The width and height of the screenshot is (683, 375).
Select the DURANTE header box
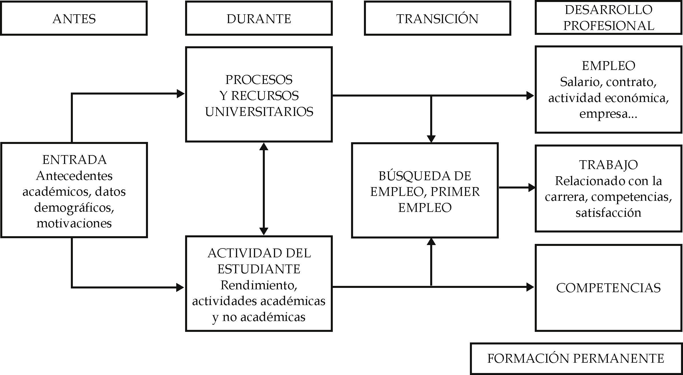pyautogui.click(x=259, y=19)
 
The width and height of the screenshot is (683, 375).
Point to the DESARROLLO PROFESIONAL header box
pyautogui.click(x=608, y=18)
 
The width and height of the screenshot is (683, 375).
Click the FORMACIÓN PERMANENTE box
pyautogui.click(x=576, y=358)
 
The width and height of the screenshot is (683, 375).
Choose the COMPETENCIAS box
pyautogui.click(x=608, y=288)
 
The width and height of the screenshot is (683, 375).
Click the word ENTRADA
pyautogui.click(x=74, y=160)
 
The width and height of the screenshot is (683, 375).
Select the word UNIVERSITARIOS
pyautogui.click(x=259, y=112)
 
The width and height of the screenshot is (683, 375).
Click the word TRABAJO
pyautogui.click(x=608, y=165)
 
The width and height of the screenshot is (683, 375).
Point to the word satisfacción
pyautogui.click(x=608, y=213)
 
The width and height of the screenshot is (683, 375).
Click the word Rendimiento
pyautogui.click(x=259, y=285)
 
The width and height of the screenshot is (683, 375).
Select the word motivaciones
pyautogui.click(x=74, y=223)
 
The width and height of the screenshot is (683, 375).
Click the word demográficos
pyautogui.click(x=74, y=208)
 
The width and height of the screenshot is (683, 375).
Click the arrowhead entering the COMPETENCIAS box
pyautogui.click(x=530, y=287)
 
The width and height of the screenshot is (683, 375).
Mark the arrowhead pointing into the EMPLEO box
pyautogui.click(x=530, y=95)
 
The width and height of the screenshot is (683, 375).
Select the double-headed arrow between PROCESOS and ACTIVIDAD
pyautogui.click(x=263, y=189)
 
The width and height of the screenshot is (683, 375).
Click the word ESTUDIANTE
pyautogui.click(x=259, y=269)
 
